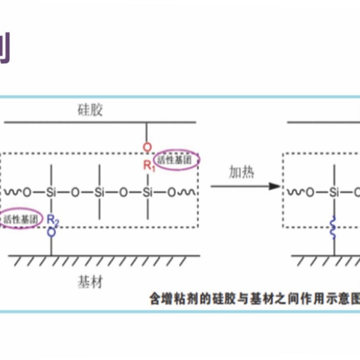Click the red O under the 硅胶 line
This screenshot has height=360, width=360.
pyautogui.click(x=146, y=147)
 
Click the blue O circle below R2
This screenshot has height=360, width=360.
pyautogui.click(x=51, y=231)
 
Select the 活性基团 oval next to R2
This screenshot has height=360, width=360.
pyautogui.click(x=20, y=219)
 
